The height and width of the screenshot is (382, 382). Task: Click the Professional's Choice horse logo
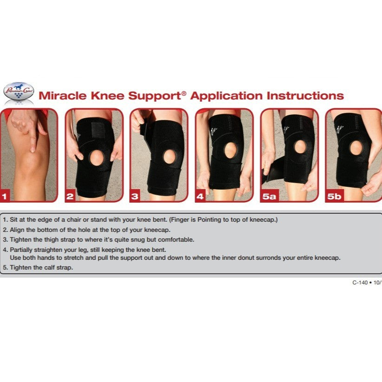[18, 92]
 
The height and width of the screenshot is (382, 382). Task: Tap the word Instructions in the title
[305, 96]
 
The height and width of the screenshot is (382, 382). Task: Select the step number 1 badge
[5, 197]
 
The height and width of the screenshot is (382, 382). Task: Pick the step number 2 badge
[70, 197]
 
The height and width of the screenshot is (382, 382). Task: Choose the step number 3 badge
[135, 197]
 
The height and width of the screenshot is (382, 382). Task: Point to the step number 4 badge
[200, 197]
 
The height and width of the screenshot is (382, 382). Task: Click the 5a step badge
[269, 197]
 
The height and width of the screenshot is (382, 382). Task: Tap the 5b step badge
[334, 197]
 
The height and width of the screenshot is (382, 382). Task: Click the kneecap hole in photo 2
[97, 157]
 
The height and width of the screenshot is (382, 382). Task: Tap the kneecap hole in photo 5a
[300, 147]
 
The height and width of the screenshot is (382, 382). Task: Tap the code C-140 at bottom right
[361, 282]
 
